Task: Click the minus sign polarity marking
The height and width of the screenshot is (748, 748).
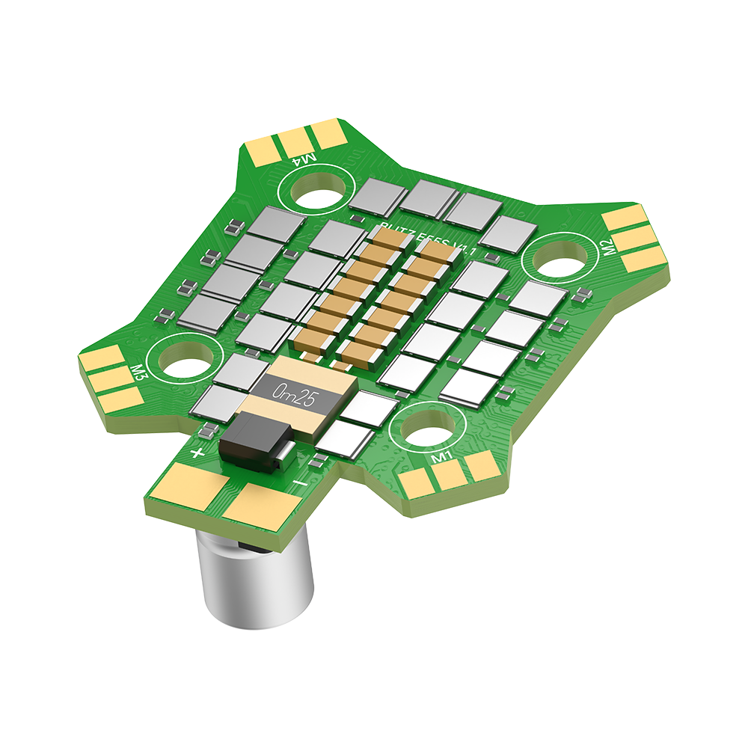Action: (299, 485)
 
